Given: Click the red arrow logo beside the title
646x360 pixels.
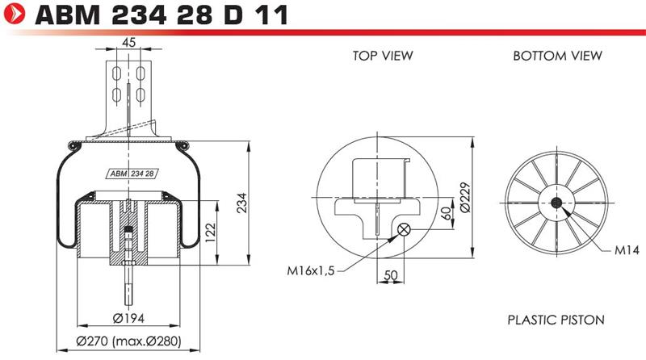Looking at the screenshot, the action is tap(14, 14).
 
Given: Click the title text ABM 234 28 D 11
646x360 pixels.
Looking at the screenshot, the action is tap(161, 15).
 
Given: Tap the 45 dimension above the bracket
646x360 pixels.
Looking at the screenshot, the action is tap(129, 42).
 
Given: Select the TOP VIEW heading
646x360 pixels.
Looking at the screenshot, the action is tap(383, 56).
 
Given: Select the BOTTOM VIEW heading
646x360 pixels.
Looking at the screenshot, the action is tap(557, 56).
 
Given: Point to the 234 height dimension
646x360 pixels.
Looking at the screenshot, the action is tap(241, 203).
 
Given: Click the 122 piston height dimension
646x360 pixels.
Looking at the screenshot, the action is tap(210, 232).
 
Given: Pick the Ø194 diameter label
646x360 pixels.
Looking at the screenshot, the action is tap(128, 318).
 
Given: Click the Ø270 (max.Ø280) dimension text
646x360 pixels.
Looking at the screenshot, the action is tap(129, 341).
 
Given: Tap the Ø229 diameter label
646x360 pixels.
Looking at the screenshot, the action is tap(464, 197).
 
